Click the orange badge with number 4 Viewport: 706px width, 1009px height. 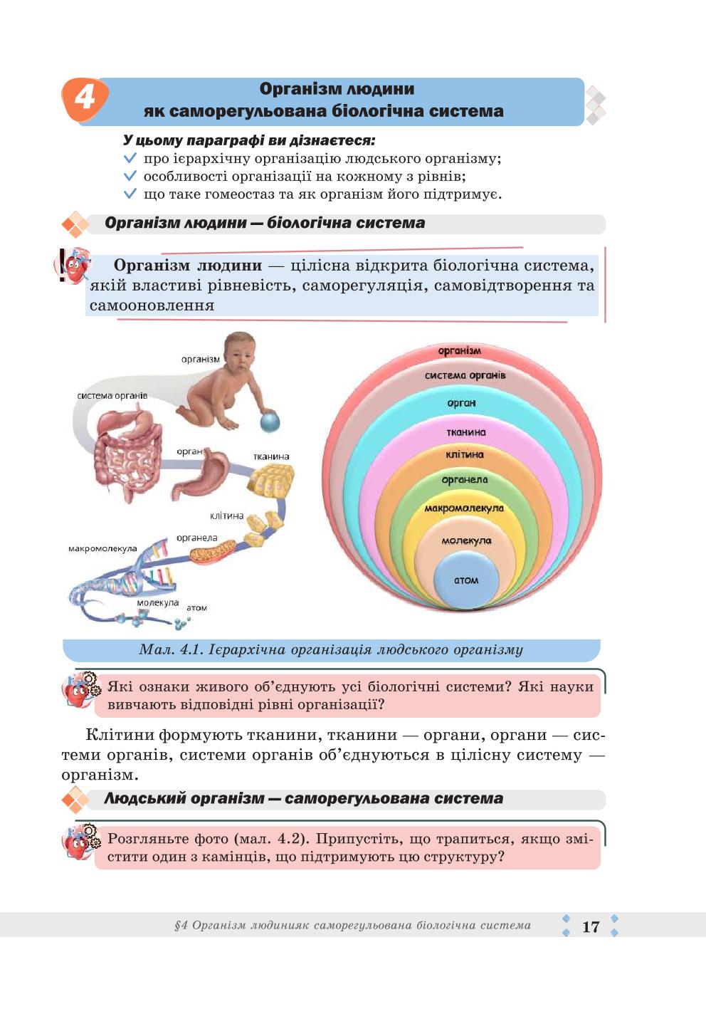pyautogui.click(x=85, y=99)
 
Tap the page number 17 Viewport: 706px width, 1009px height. pyautogui.click(x=591, y=926)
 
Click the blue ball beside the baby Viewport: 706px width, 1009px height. pyautogui.click(x=270, y=422)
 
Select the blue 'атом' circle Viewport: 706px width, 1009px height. pyautogui.click(x=466, y=580)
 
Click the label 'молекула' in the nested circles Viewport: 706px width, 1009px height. pyautogui.click(x=466, y=540)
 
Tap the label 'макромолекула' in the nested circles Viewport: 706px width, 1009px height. pyautogui.click(x=464, y=508)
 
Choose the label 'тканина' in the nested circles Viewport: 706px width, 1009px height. pyautogui.click(x=466, y=432)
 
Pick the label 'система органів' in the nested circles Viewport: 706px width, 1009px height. pyautogui.click(x=465, y=375)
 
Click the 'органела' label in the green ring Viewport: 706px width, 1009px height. pyautogui.click(x=465, y=480)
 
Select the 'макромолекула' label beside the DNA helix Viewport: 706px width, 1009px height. pyautogui.click(x=102, y=548)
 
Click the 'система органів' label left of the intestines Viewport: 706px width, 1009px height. pyautogui.click(x=112, y=396)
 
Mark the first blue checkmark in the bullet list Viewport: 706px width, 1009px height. pyautogui.click(x=130, y=159)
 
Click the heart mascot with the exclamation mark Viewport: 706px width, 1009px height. pyautogui.click(x=73, y=266)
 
